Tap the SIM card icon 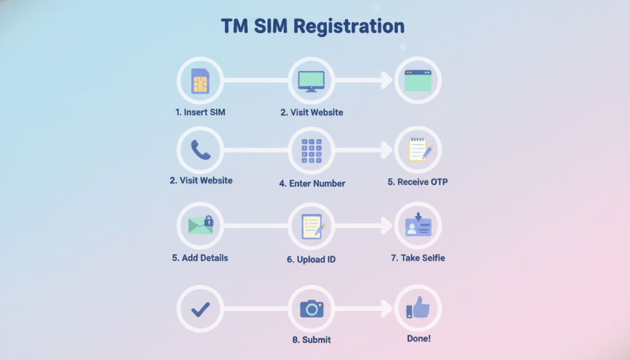[200, 81]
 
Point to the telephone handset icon [200, 150]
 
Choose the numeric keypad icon [311, 151]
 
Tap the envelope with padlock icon [201, 225]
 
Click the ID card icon [418, 225]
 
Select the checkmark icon [200, 309]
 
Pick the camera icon [311, 309]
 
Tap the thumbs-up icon [418, 308]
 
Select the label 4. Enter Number [317, 183]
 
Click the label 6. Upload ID [311, 260]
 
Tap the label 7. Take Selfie [418, 258]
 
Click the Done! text [418, 339]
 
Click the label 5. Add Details [200, 258]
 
